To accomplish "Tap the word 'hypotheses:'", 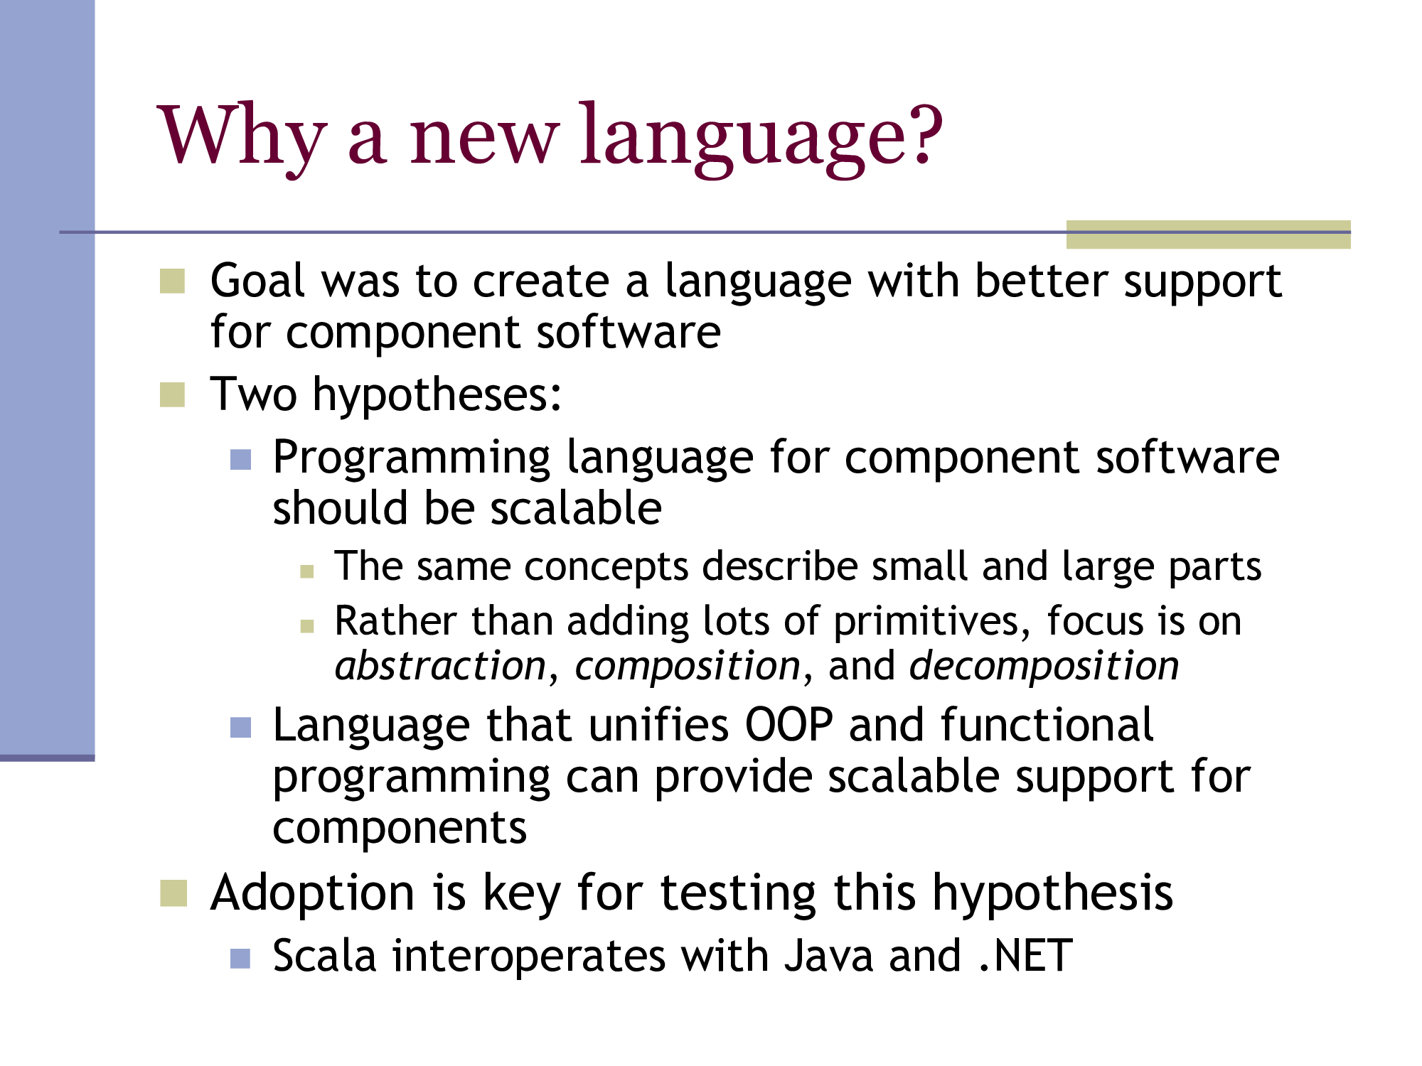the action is click(437, 394).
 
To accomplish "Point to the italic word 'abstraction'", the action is click(440, 666).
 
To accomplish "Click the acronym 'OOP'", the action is click(788, 725).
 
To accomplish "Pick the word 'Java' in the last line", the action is click(828, 956).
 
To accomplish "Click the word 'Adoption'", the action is click(312, 894).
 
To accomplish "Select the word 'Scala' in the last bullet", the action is click(324, 956).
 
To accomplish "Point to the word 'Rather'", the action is click(395, 621).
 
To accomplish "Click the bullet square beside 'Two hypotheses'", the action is click(172, 395).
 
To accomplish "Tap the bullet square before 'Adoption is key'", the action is click(173, 894).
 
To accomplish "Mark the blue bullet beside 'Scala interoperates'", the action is click(240, 959).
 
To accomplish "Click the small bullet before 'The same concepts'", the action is click(307, 571).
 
